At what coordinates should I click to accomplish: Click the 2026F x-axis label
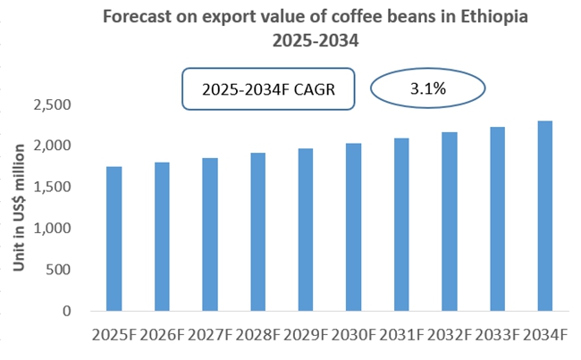162,336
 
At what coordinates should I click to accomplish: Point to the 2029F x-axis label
306,336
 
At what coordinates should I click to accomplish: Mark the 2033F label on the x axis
497,336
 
